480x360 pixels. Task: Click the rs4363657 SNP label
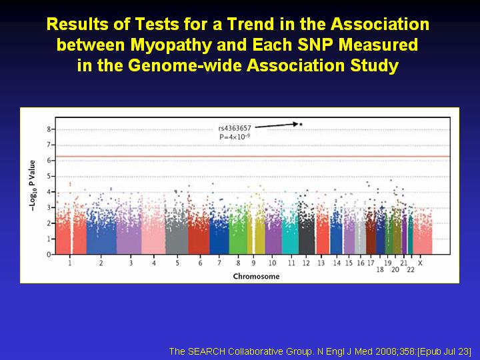[235, 128]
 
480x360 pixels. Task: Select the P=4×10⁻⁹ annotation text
[235, 137]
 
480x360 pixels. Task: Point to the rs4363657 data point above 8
[301, 124]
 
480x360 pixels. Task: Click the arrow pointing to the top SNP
[276, 125]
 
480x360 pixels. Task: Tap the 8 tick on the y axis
[49, 129]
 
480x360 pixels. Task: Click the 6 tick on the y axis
[49, 161]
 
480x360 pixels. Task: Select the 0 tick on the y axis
[49, 255]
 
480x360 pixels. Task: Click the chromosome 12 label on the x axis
[306, 263]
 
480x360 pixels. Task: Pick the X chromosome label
[420, 263]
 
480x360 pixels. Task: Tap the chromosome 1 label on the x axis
[70, 263]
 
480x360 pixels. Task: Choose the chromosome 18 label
[380, 269]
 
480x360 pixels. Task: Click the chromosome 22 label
[411, 269]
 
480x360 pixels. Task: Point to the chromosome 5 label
[177, 263]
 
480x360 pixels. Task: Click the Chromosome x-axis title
[256, 277]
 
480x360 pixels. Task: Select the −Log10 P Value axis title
[32, 185]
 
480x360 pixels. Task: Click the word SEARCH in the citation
[206, 351]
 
